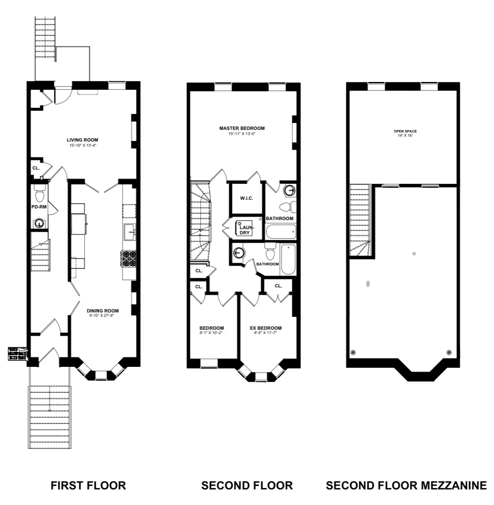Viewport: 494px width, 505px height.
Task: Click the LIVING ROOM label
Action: [82, 140]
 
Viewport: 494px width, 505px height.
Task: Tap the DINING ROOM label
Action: [102, 311]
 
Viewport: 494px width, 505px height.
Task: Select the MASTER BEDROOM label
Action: [242, 128]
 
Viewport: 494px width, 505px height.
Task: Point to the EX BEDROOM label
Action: [266, 328]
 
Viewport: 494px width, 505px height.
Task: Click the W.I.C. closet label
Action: [246, 198]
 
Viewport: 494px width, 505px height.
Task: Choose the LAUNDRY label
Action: [244, 230]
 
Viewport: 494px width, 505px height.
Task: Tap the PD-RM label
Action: [39, 207]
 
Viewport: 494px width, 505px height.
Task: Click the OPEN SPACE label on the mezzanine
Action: [405, 131]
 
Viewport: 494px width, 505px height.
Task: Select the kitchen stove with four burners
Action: [128, 259]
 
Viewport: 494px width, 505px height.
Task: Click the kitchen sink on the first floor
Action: [129, 232]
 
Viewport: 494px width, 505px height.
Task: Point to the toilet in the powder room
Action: [40, 196]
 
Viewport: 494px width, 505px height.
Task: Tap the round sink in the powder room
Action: [39, 224]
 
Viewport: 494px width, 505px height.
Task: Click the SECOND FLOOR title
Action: [247, 486]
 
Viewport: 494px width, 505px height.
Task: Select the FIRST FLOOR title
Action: [88, 486]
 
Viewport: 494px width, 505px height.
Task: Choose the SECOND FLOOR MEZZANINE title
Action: [406, 486]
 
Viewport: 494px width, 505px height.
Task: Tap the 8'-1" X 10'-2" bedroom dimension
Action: [212, 333]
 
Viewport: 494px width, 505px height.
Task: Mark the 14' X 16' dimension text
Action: [405, 136]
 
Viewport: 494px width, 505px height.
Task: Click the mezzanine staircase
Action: [360, 220]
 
